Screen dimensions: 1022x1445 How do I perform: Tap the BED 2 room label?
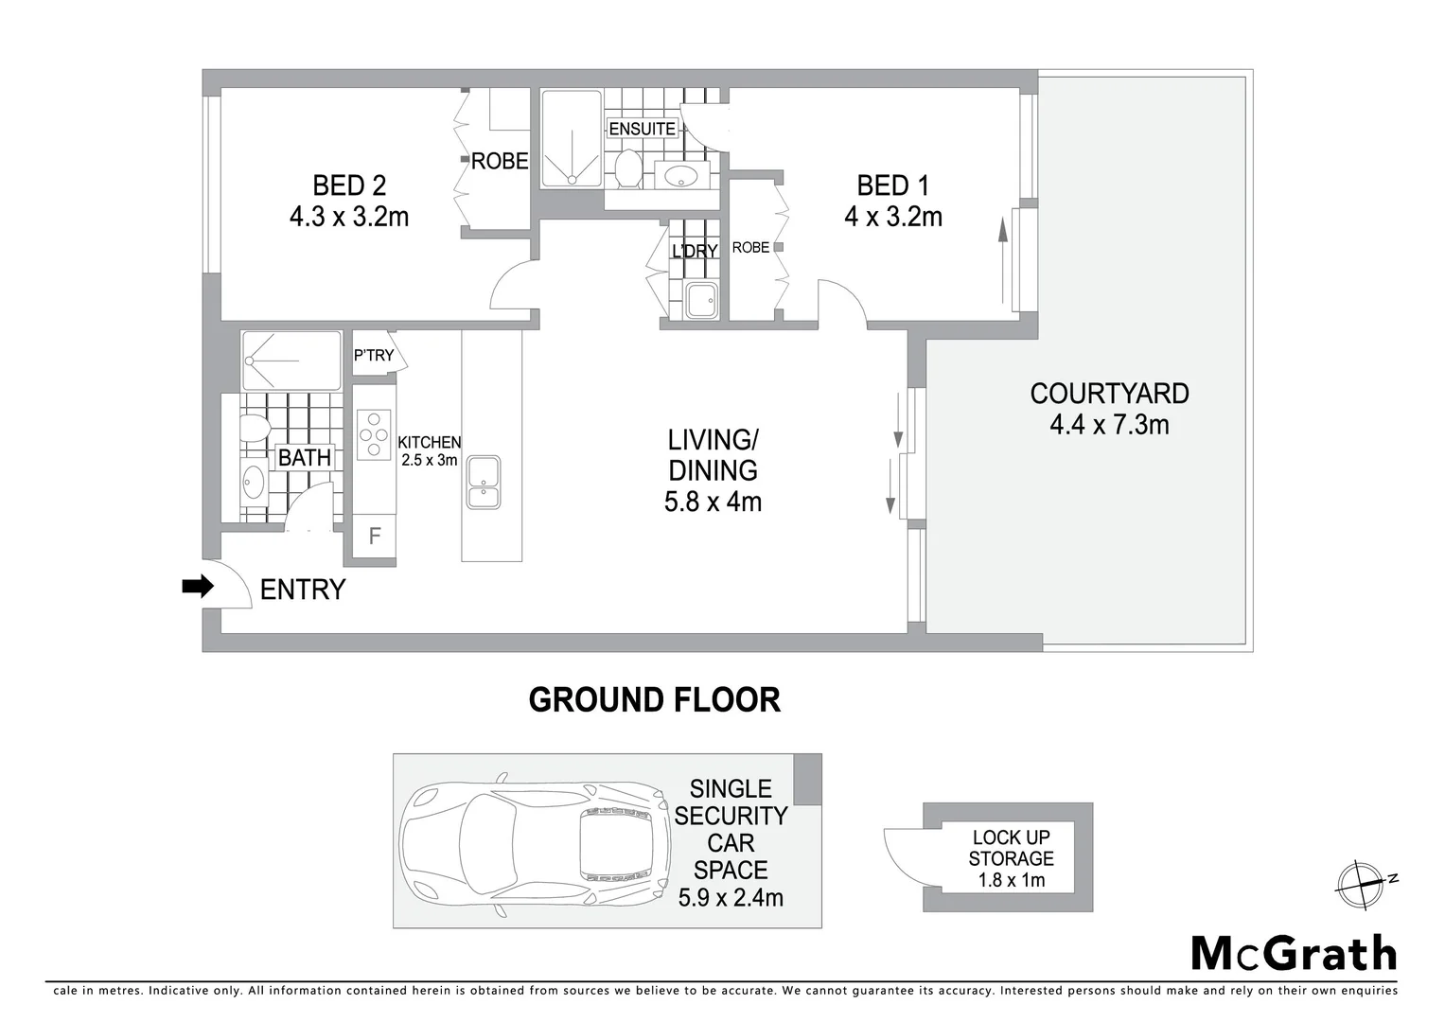349,185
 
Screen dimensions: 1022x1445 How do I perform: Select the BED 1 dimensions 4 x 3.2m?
892,217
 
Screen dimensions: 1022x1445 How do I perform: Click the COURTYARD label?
1109,394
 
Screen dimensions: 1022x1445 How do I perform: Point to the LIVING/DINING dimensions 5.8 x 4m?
713,502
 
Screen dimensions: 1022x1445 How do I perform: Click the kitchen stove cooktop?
374,434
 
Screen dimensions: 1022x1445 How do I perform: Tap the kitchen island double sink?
484,482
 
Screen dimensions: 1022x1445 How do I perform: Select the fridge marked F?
374,537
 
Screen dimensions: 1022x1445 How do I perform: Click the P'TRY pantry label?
374,355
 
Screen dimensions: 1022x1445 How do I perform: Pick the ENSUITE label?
642,129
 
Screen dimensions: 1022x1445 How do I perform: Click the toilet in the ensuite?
627,170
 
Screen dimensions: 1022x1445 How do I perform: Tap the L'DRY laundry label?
695,251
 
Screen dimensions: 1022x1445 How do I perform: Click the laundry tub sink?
702,301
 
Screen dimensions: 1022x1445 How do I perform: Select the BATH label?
304,458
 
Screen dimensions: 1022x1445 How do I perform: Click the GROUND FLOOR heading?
654,700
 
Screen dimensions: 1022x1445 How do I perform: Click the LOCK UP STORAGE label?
1011,848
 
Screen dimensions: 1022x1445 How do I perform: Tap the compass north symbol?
1361,885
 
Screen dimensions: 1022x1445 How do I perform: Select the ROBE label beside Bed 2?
500,162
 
